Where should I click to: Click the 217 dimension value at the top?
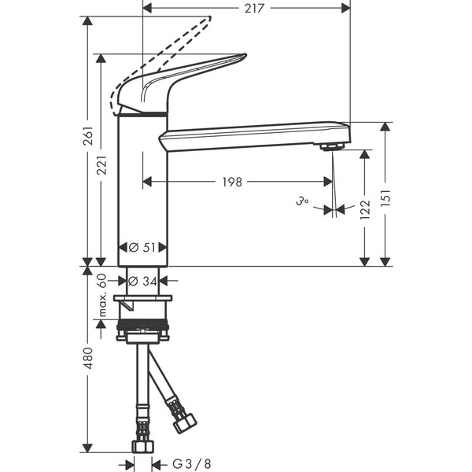pyautogui.click(x=253, y=8)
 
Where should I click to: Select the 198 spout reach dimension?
pyautogui.click(x=231, y=183)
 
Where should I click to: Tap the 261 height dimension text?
pyautogui.click(x=88, y=139)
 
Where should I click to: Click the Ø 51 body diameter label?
pyautogui.click(x=142, y=247)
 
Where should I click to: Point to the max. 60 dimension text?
pyautogui.click(x=101, y=296)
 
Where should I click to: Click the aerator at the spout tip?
pyautogui.click(x=334, y=147)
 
